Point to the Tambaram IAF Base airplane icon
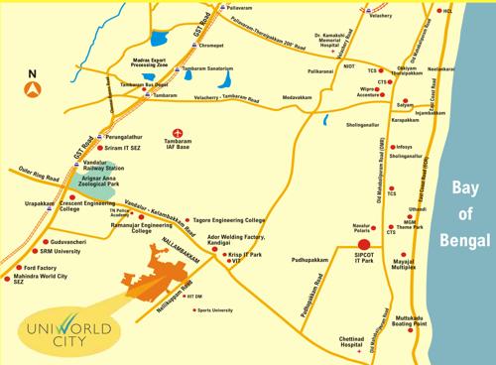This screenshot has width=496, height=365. (x=179, y=132)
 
